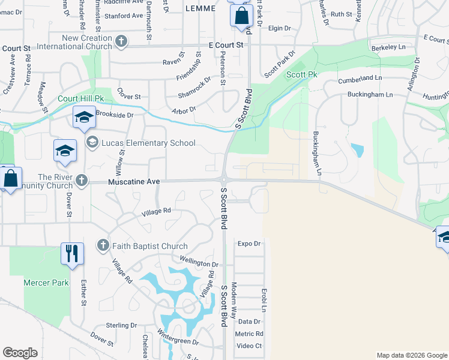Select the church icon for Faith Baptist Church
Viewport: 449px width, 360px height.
tap(103, 246)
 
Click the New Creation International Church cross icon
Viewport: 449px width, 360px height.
tap(121, 41)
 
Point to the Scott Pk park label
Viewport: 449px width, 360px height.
tap(301, 74)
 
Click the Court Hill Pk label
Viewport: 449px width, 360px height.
tap(81, 98)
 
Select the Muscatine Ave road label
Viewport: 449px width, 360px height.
tap(134, 181)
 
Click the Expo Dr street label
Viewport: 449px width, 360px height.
tap(250, 244)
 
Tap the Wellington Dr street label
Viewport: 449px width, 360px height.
tap(198, 263)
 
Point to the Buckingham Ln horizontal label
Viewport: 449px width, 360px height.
tap(370, 95)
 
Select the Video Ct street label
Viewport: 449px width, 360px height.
tap(249, 346)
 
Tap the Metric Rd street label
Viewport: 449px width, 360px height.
tap(249, 334)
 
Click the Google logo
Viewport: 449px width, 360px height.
tap(20, 353)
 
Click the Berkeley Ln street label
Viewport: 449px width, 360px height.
tap(388, 47)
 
